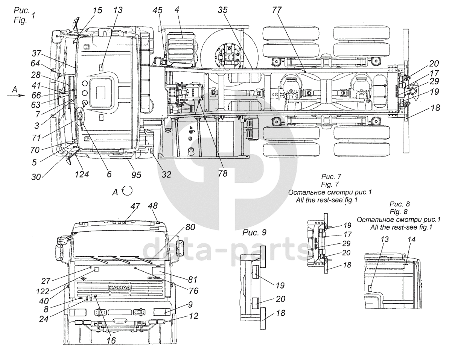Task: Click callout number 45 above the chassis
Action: (x=158, y=11)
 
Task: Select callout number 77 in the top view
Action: (x=277, y=11)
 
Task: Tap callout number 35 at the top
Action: (x=223, y=11)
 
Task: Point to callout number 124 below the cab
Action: (x=82, y=174)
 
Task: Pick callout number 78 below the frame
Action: (x=223, y=174)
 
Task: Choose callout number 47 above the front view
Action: (x=135, y=206)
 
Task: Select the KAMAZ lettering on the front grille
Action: (x=120, y=289)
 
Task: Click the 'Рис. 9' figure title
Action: (x=254, y=232)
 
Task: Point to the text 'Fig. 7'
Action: (x=330, y=184)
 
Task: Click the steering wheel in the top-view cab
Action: (x=81, y=118)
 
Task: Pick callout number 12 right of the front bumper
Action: (x=193, y=316)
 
